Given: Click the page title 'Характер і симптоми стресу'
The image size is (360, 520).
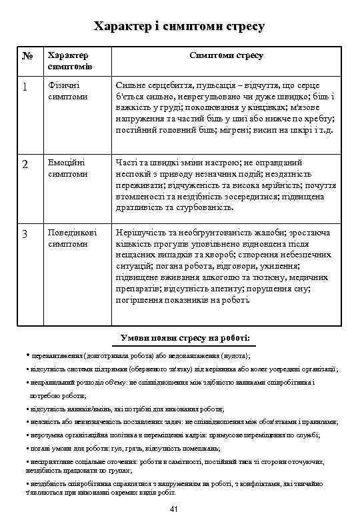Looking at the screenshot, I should click(x=179, y=27).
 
